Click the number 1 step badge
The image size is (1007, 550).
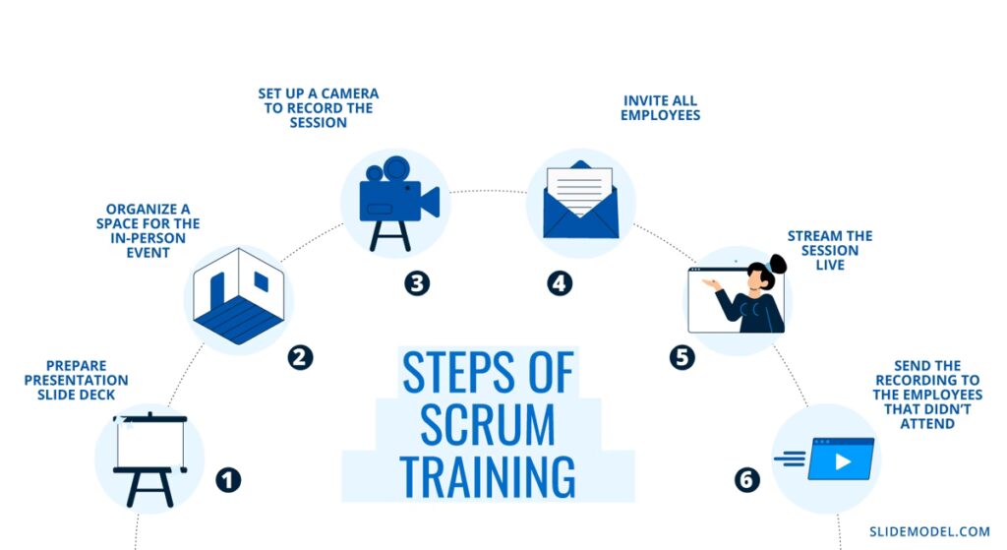click(227, 480)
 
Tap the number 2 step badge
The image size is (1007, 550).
click(300, 356)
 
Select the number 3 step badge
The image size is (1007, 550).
click(417, 283)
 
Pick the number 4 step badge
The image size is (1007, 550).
click(560, 283)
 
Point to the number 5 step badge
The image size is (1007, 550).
click(682, 356)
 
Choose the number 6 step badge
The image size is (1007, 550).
click(747, 479)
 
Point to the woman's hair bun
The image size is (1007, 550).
click(778, 263)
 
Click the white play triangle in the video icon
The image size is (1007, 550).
click(843, 460)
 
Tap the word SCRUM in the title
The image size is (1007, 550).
click(488, 424)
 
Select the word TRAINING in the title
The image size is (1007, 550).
click(488, 476)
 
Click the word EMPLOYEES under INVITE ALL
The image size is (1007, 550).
click(661, 115)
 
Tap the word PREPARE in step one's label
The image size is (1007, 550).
click(77, 365)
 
